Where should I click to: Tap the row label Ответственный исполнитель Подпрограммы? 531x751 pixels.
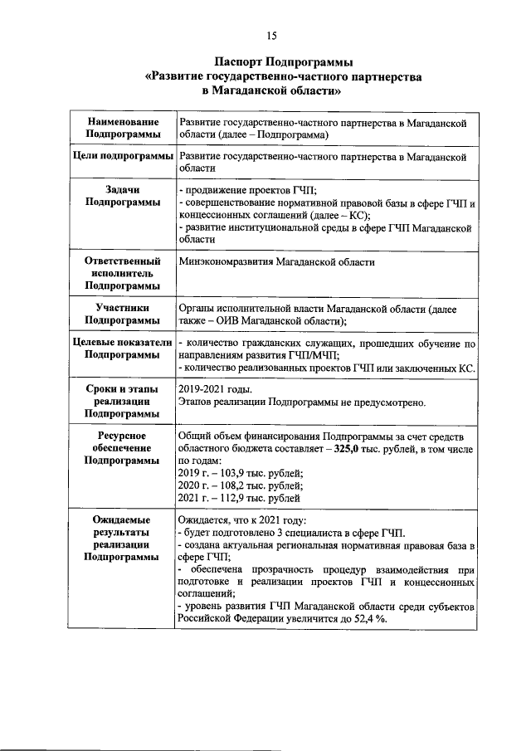(123, 273)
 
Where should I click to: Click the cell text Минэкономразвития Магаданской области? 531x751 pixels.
(276, 262)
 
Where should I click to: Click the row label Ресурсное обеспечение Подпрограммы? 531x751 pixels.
(123, 449)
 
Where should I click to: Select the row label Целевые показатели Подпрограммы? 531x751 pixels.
(123, 349)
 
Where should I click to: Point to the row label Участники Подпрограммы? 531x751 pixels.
(123, 315)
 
